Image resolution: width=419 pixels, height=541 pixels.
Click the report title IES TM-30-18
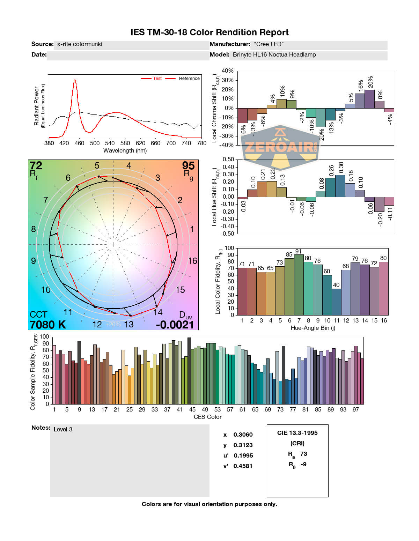coord(209,32)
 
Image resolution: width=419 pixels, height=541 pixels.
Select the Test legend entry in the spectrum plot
coord(157,79)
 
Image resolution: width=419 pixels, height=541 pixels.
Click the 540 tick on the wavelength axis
coord(110,143)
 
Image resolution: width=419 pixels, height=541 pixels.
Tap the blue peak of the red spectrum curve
coord(75,81)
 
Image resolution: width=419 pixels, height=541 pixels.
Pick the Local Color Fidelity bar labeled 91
coord(299,284)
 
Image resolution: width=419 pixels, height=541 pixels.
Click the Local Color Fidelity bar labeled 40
coord(336,302)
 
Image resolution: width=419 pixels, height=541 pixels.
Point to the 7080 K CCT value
coord(48,325)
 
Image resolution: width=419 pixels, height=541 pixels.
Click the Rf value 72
coord(36,165)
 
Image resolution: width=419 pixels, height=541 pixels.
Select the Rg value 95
coord(188,165)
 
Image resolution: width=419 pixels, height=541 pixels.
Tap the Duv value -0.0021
coord(175,325)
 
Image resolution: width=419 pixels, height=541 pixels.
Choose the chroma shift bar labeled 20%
coord(370,99)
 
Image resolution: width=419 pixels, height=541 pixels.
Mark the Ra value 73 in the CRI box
coord(303,454)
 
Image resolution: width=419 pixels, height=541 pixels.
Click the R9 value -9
coord(303,464)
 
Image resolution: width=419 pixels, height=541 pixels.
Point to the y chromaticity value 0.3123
coord(243,445)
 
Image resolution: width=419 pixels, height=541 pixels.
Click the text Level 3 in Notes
coord(63,429)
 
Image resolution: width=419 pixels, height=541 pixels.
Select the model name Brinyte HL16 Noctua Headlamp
coord(274,55)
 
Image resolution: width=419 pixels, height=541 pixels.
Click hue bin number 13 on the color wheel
coord(129,324)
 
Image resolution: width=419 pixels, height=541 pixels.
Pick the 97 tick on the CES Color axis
coord(355,409)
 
